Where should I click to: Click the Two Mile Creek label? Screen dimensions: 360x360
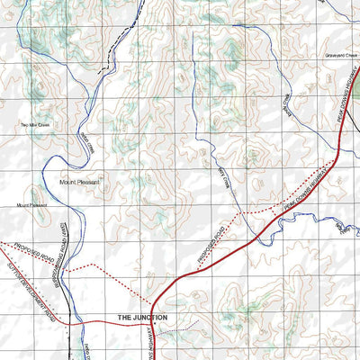pyautogui.click(x=38, y=124)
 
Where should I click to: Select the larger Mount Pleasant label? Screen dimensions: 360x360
pyautogui.click(x=80, y=181)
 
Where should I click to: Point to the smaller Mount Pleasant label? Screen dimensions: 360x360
pyautogui.click(x=31, y=205)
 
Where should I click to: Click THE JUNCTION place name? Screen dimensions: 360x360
pyautogui.click(x=142, y=318)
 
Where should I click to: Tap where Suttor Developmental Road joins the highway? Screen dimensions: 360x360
pyautogui.click(x=152, y=320)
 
